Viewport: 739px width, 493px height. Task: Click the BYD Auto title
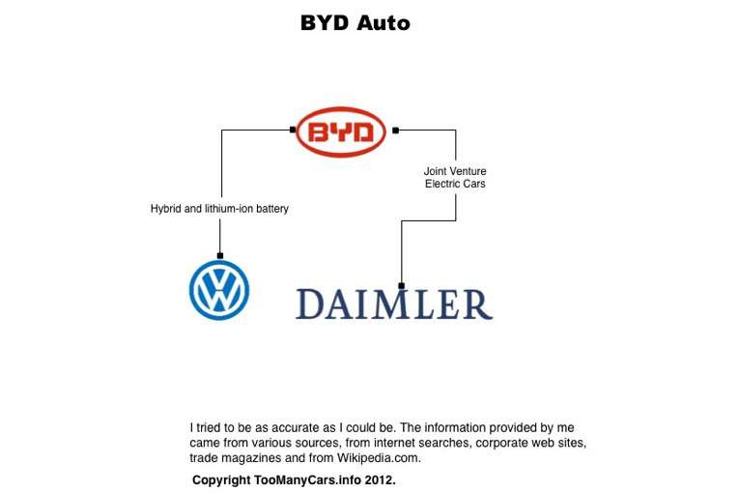355,23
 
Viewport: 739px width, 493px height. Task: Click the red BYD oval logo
340,132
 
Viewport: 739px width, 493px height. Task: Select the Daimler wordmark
394,304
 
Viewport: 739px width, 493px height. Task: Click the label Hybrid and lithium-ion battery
219,209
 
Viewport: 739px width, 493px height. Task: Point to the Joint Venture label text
455,172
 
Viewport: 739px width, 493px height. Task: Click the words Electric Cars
455,184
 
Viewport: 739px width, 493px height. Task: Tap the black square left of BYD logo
293,130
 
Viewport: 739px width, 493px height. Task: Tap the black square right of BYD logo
395,130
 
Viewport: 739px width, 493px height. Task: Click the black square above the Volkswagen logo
220,255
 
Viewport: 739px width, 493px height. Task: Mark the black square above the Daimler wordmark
402,284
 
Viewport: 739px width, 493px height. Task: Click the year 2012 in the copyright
378,479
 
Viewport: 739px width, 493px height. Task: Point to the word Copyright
221,479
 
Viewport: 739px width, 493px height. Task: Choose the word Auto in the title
384,23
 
